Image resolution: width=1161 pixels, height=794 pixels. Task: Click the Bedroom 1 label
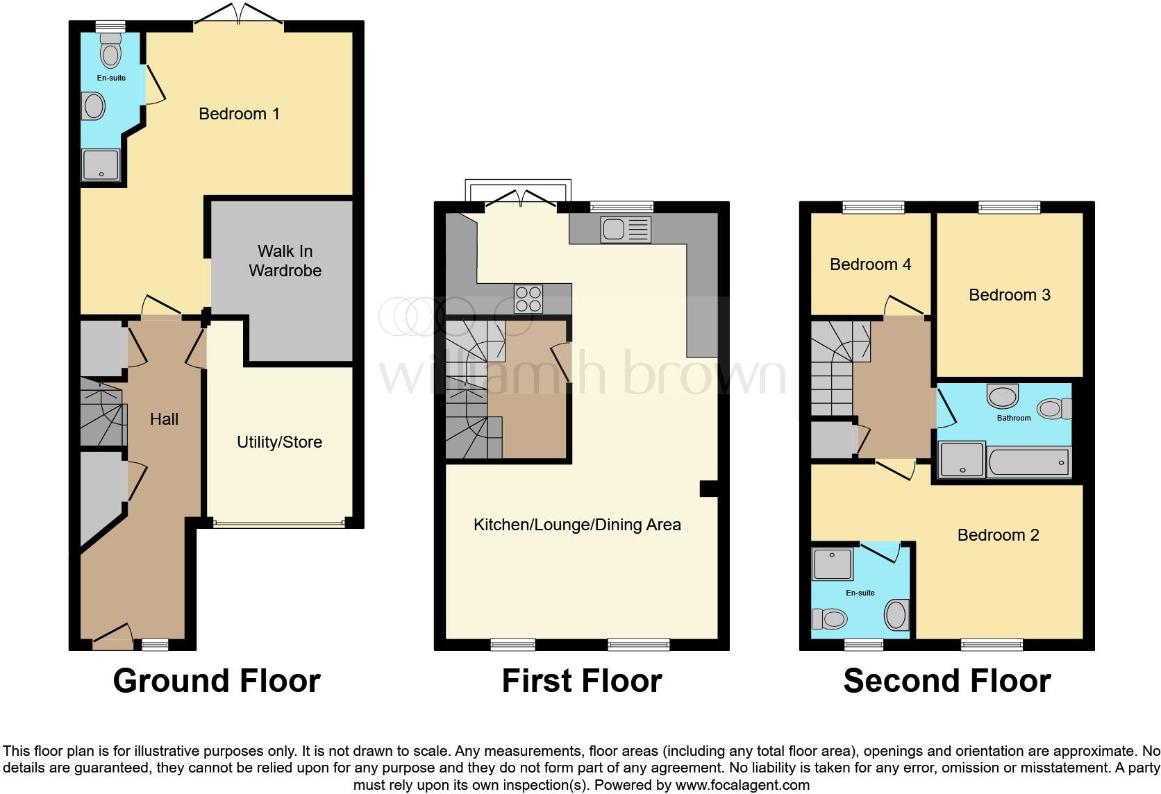click(x=239, y=114)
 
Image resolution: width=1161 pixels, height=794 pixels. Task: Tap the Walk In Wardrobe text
click(x=285, y=261)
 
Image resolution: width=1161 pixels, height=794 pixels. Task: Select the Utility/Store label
click(x=279, y=442)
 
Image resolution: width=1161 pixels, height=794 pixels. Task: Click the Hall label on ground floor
click(x=164, y=419)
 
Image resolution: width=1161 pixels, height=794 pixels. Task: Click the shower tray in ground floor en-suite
click(x=101, y=165)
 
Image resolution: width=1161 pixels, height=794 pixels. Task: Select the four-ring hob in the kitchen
click(x=528, y=298)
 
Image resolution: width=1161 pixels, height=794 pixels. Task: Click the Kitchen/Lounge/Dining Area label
click(x=576, y=525)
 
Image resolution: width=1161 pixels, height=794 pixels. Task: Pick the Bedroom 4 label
click(x=870, y=264)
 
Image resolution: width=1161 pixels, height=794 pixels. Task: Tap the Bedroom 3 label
click(x=1009, y=295)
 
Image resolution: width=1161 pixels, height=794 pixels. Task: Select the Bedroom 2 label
click(x=998, y=535)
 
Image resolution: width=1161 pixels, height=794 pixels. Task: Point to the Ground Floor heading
click(x=217, y=681)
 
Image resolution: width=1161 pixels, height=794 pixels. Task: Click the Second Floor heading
click(x=946, y=681)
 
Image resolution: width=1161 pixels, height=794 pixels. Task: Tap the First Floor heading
click(x=581, y=681)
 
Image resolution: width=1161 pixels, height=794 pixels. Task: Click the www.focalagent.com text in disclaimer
click(x=742, y=785)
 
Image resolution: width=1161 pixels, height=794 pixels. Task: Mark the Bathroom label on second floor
click(x=1013, y=418)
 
